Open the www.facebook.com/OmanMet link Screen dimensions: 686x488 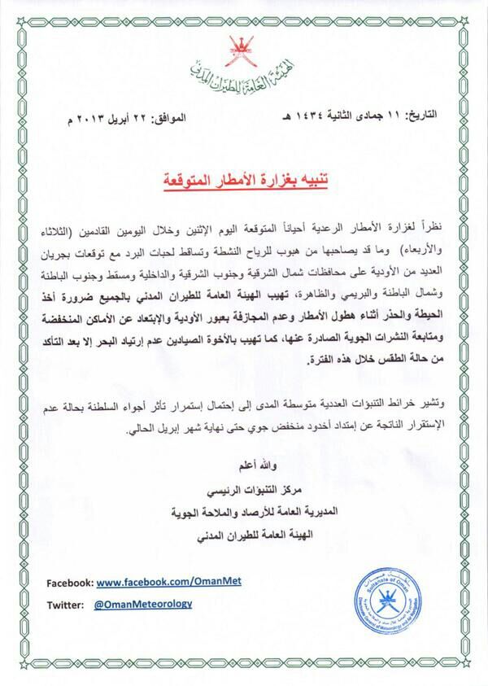[x=157, y=584]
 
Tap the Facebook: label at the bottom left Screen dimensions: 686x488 [x=70, y=584]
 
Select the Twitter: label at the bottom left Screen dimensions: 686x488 [x=65, y=605]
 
